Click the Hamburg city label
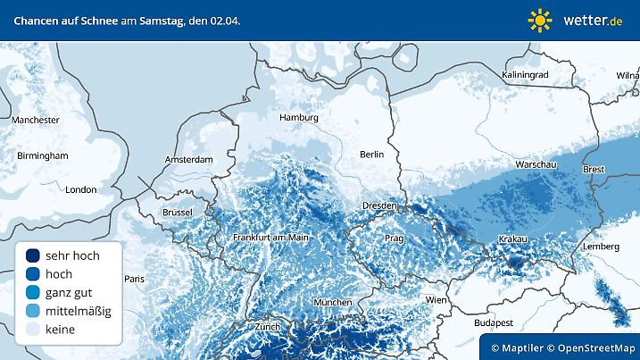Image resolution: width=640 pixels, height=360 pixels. tap(299, 117)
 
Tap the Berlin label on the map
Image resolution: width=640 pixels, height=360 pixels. tap(371, 155)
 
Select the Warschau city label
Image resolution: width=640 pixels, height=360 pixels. tap(536, 165)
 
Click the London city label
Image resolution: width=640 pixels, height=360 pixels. tap(80, 189)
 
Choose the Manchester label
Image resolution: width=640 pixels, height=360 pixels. tap(36, 120)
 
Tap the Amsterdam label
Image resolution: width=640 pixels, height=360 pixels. tap(188, 160)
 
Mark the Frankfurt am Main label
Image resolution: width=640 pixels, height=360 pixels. tap(270, 238)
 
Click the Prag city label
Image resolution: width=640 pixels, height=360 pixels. tap(395, 239)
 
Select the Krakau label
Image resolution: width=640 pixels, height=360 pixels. tap(513, 239)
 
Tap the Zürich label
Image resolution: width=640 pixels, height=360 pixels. tap(267, 327)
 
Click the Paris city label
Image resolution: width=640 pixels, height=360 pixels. tap(133, 279)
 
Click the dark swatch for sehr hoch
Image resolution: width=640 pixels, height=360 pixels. tap(33, 255)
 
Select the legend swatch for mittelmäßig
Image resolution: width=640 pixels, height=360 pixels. tap(33, 311)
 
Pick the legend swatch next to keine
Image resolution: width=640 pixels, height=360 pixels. tap(33, 330)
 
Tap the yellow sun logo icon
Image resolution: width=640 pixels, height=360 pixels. tap(540, 20)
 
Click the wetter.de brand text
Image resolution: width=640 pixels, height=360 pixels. tap(594, 20)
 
